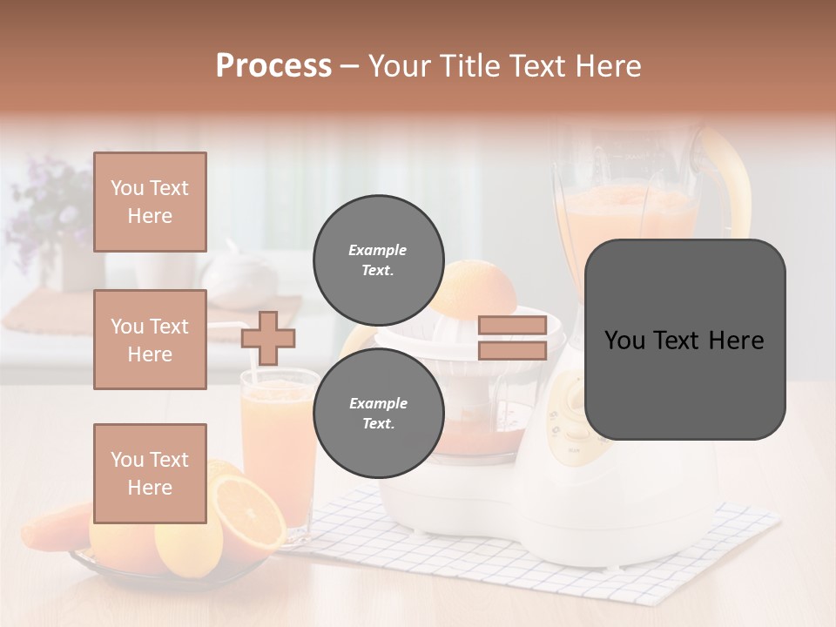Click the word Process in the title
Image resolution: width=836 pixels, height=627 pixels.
[x=273, y=66]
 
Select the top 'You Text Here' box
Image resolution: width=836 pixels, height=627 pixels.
[x=150, y=202]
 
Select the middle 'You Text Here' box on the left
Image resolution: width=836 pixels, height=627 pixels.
[x=150, y=340]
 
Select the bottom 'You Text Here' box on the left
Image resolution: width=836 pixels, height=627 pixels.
[x=150, y=473]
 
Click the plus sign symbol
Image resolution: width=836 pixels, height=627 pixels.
[x=268, y=339]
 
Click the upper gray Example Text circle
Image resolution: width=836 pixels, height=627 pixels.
[x=378, y=260]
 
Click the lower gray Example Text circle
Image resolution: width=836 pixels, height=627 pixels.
[x=378, y=413]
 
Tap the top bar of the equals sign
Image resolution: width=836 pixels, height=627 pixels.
[x=512, y=326]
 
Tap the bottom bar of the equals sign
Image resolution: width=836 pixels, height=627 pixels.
[x=512, y=351]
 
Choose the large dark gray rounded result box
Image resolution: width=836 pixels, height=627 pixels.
[x=684, y=339]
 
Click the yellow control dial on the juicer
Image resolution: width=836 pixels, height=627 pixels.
[x=570, y=401]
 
